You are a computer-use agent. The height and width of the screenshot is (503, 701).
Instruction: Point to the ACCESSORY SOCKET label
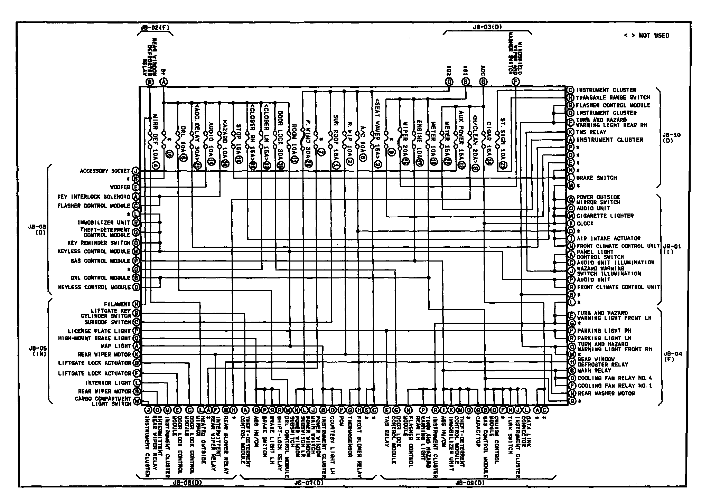point(104,171)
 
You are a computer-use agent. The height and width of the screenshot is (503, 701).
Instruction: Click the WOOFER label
point(120,187)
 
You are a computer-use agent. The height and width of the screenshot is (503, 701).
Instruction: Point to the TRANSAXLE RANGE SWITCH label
point(613,98)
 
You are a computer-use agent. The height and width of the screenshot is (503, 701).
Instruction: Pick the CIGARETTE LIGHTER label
point(605,216)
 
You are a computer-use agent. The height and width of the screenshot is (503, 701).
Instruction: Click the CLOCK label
point(585,224)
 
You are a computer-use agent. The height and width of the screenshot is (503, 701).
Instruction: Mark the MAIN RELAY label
point(594,370)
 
